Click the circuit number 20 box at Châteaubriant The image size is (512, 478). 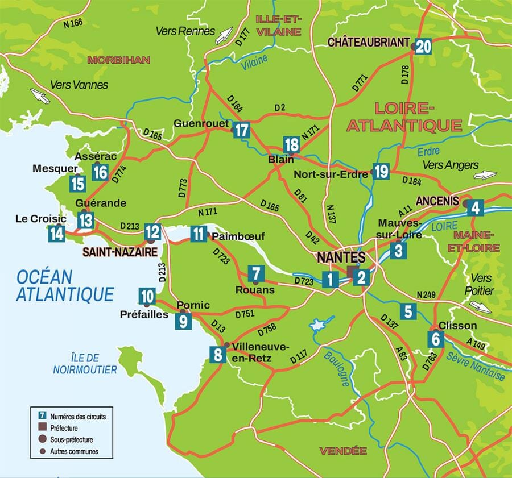coord(422,46)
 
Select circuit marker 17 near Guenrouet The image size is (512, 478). coord(242,130)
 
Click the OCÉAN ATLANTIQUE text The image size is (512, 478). coord(65,286)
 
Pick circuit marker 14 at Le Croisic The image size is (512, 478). coord(56,234)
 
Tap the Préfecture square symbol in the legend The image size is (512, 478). coord(42,427)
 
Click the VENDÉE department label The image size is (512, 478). coord(342,451)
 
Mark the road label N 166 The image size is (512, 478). coord(73,23)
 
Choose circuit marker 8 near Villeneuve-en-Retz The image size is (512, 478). coord(218,355)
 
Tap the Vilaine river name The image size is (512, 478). coord(254,62)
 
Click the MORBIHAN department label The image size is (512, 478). coord(118,59)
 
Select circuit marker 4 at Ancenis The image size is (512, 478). coord(476,208)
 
